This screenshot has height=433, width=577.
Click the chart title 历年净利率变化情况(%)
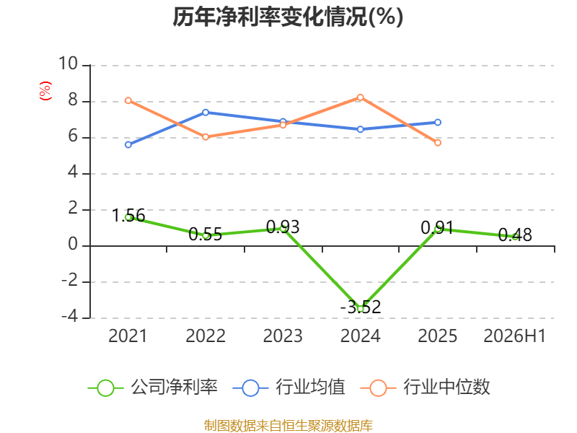pyautogui.click(x=288, y=17)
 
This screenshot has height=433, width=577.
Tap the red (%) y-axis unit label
pyautogui.click(x=45, y=91)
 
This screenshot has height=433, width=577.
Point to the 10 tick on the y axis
pyautogui.click(x=68, y=64)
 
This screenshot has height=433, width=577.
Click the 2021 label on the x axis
pyautogui.click(x=128, y=336)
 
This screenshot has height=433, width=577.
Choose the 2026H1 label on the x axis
pyautogui.click(x=515, y=336)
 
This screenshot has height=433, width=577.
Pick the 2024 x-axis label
pyautogui.click(x=360, y=336)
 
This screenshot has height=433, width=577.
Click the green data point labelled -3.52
pyautogui.click(x=361, y=309)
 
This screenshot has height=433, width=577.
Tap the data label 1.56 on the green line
pyautogui.click(x=128, y=215)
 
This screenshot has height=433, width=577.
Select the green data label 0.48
pyautogui.click(x=515, y=235)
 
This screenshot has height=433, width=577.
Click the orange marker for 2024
pyautogui.click(x=360, y=97)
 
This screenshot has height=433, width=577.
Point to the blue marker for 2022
pyautogui.click(x=206, y=113)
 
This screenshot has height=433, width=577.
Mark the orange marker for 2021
pyautogui.click(x=128, y=100)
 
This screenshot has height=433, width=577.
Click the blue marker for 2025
pyautogui.click(x=438, y=122)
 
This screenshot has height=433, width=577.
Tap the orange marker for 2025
pyautogui.click(x=438, y=142)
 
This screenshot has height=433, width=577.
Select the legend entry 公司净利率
pyautogui.click(x=153, y=388)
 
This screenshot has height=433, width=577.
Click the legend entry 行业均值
pyautogui.click(x=289, y=388)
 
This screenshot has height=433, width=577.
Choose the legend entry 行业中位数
pyautogui.click(x=426, y=388)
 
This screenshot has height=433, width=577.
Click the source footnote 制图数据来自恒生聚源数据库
pyautogui.click(x=288, y=426)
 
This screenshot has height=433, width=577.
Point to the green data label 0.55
pyautogui.click(x=206, y=234)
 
